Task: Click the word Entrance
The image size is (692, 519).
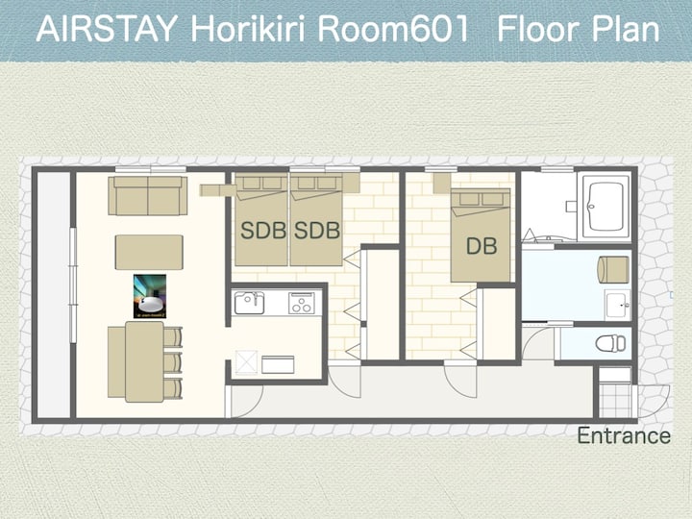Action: [624, 435]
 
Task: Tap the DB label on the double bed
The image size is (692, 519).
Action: [482, 246]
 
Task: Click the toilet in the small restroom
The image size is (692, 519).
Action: [611, 343]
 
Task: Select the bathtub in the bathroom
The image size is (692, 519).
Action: [605, 206]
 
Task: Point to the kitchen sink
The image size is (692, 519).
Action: [249, 303]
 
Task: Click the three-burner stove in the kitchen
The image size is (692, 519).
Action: [302, 303]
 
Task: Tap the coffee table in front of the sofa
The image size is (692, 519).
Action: [149, 252]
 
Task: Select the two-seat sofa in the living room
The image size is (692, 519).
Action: [148, 195]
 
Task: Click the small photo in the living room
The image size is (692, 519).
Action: [150, 296]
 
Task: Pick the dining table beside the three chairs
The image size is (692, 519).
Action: [144, 362]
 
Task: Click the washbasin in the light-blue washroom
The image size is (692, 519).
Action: [617, 305]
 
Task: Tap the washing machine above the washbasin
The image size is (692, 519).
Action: [613, 269]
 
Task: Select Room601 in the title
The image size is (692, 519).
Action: [393, 30]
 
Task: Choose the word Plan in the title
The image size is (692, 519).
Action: [626, 30]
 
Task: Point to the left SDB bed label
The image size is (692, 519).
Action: [263, 231]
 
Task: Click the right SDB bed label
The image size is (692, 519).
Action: [317, 231]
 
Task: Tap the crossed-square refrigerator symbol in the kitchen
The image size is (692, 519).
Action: [246, 362]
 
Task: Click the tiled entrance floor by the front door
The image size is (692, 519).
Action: [615, 401]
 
